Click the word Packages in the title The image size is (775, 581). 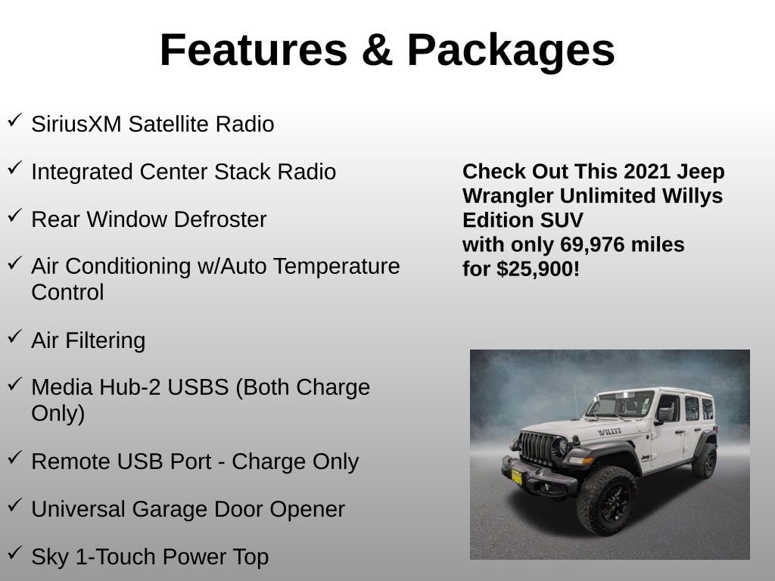click(x=511, y=51)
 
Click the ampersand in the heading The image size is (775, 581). click(x=376, y=51)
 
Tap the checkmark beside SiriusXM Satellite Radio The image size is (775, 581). click(x=14, y=121)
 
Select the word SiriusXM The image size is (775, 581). click(x=76, y=125)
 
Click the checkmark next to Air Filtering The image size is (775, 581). click(x=14, y=337)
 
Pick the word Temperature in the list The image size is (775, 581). click(x=336, y=267)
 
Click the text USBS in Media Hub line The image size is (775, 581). click(x=198, y=387)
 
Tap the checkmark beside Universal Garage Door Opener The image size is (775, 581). click(x=14, y=506)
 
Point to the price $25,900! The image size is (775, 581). click(x=538, y=269)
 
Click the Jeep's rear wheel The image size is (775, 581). click(x=705, y=460)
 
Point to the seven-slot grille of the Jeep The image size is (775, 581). click(x=538, y=449)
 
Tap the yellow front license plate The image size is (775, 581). click(x=516, y=476)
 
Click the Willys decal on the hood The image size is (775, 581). click(x=609, y=432)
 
